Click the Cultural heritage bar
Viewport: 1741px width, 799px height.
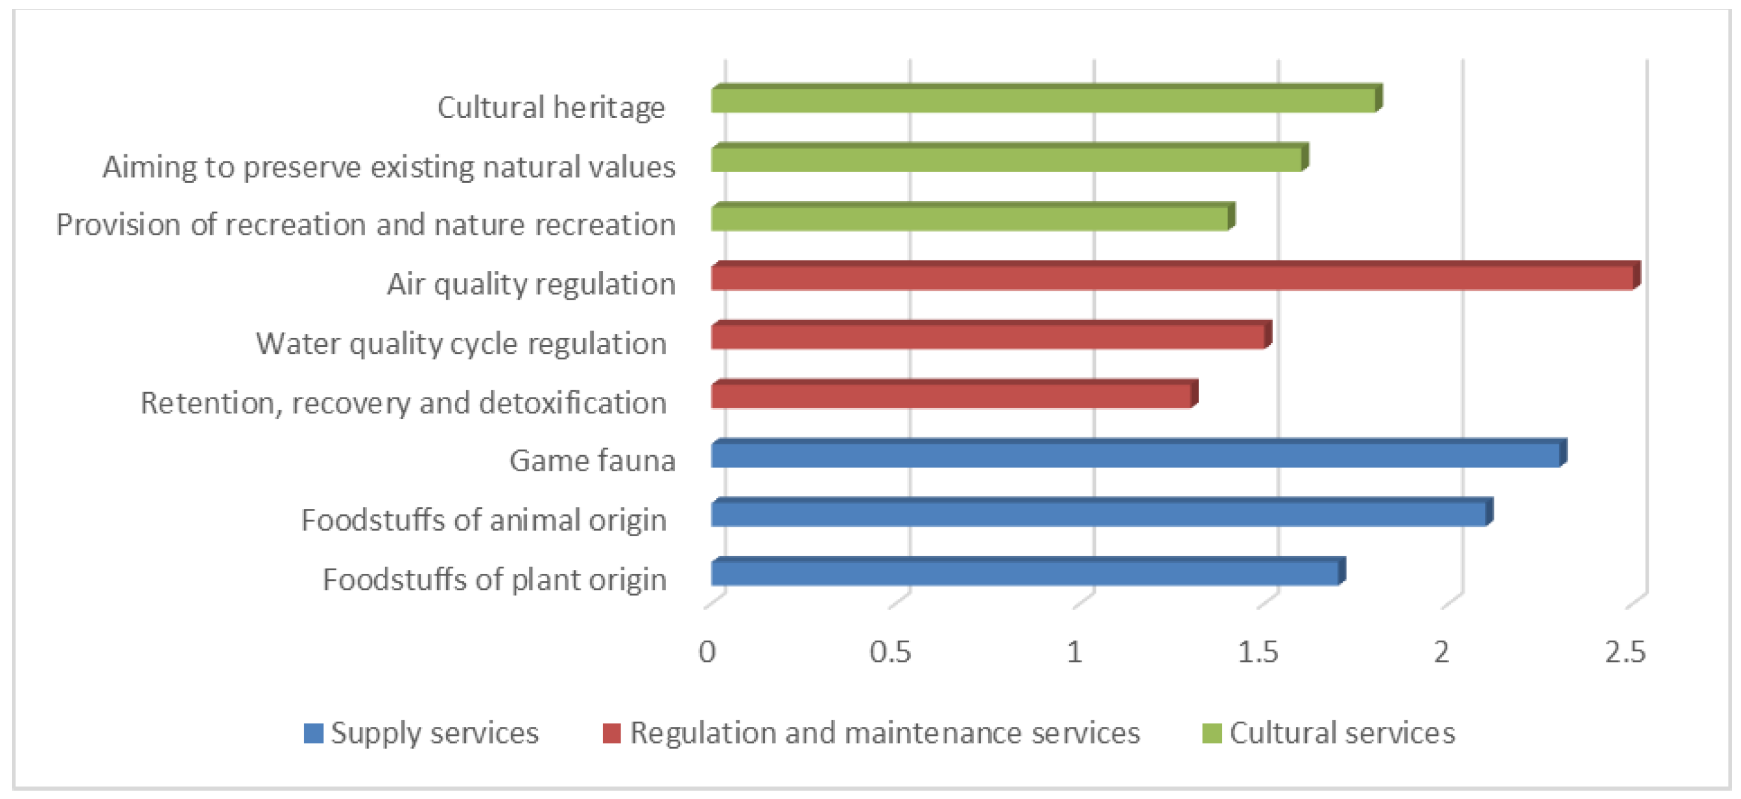click(x=1044, y=101)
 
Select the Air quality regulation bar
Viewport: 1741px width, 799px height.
click(x=1173, y=278)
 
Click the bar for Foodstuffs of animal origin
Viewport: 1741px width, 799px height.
click(x=1099, y=514)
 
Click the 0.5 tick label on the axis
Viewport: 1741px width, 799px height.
click(x=890, y=652)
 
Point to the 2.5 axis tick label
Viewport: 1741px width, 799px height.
click(x=1625, y=652)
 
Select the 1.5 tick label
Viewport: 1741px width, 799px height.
click(x=1258, y=652)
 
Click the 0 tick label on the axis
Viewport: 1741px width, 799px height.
click(x=707, y=652)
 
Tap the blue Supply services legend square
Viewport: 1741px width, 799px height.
click(x=313, y=733)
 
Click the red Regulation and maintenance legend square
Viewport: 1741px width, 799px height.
click(x=612, y=733)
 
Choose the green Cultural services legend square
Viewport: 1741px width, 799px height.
click(x=1212, y=733)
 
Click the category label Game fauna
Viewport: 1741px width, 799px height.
click(x=592, y=461)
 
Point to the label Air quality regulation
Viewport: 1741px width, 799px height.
click(x=531, y=284)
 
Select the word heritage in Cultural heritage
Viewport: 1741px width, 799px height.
click(x=608, y=107)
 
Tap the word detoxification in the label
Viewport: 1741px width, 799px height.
click(x=572, y=403)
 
